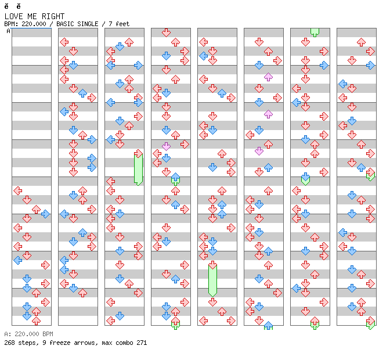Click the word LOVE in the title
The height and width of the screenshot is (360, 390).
[13, 16]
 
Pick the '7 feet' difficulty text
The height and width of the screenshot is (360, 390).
[119, 24]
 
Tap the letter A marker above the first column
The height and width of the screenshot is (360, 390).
[8, 31]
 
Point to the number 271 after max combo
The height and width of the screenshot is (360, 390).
[142, 343]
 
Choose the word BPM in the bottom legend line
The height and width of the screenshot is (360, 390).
[46, 334]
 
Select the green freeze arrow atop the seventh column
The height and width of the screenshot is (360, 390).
[315, 32]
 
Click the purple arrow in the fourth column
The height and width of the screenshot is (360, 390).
[166, 146]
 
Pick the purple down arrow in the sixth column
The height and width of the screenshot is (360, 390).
[259, 151]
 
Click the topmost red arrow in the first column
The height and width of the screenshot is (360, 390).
[17, 190]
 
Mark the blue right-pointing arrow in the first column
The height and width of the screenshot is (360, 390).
[45, 214]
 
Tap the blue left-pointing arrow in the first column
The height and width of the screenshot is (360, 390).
[17, 260]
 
